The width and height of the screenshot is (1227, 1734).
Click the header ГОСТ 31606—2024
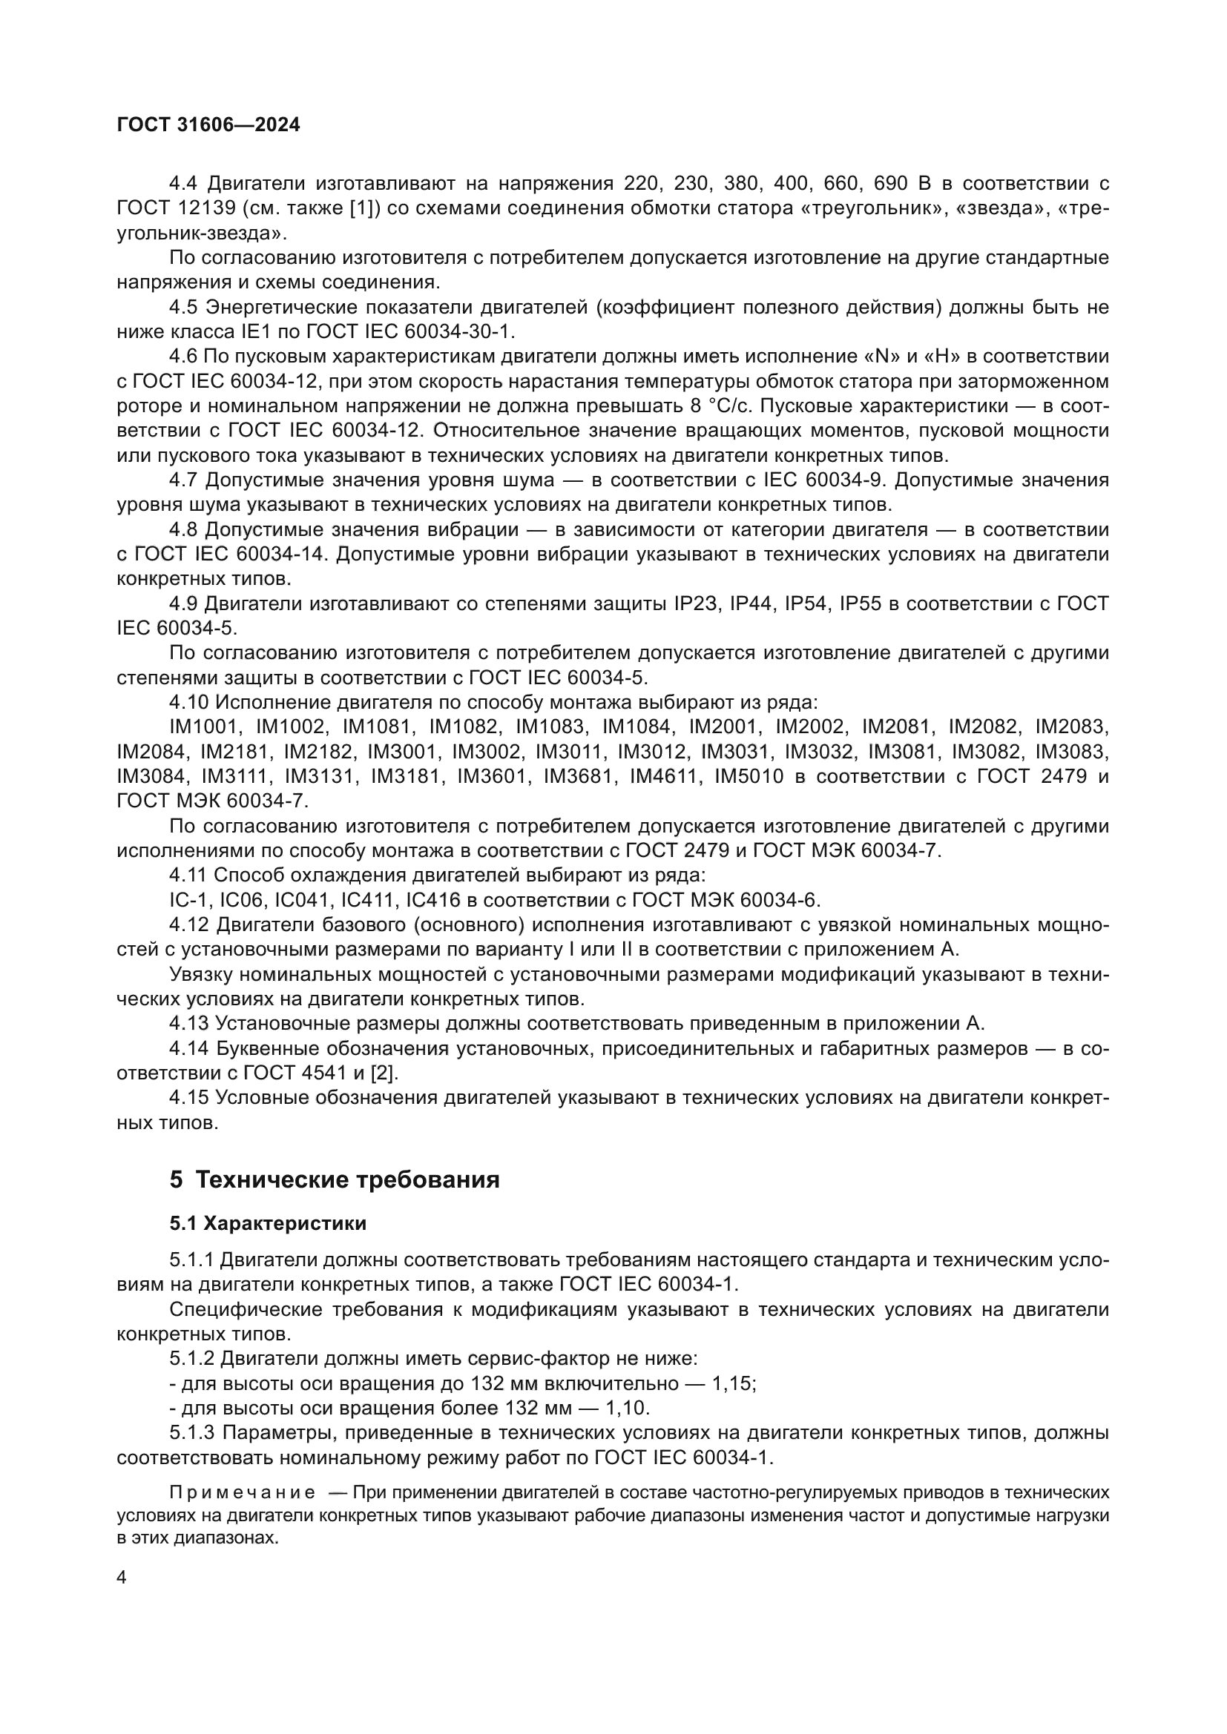pyautogui.click(x=208, y=125)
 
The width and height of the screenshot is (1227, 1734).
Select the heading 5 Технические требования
pyautogui.click(x=335, y=1179)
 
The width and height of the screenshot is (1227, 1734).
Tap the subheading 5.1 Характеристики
pyautogui.click(x=269, y=1222)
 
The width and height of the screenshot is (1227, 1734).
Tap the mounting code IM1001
pyautogui.click(x=204, y=727)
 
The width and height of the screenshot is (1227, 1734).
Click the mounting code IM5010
pyautogui.click(x=749, y=776)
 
